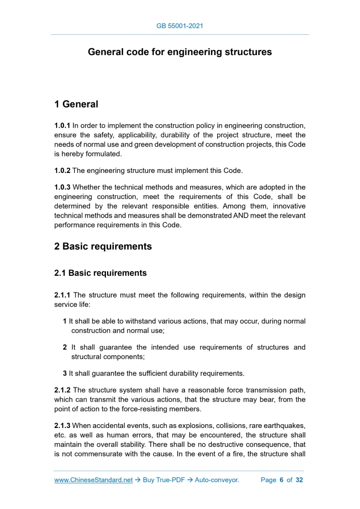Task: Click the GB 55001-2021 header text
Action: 180,25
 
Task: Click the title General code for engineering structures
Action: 180,52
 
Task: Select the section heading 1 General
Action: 76,104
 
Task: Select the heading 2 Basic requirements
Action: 103,247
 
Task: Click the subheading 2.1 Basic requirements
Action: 100,273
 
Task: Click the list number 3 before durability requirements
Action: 65,373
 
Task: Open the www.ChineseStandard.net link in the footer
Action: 94,480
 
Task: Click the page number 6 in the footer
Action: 281,480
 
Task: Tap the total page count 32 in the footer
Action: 299,480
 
